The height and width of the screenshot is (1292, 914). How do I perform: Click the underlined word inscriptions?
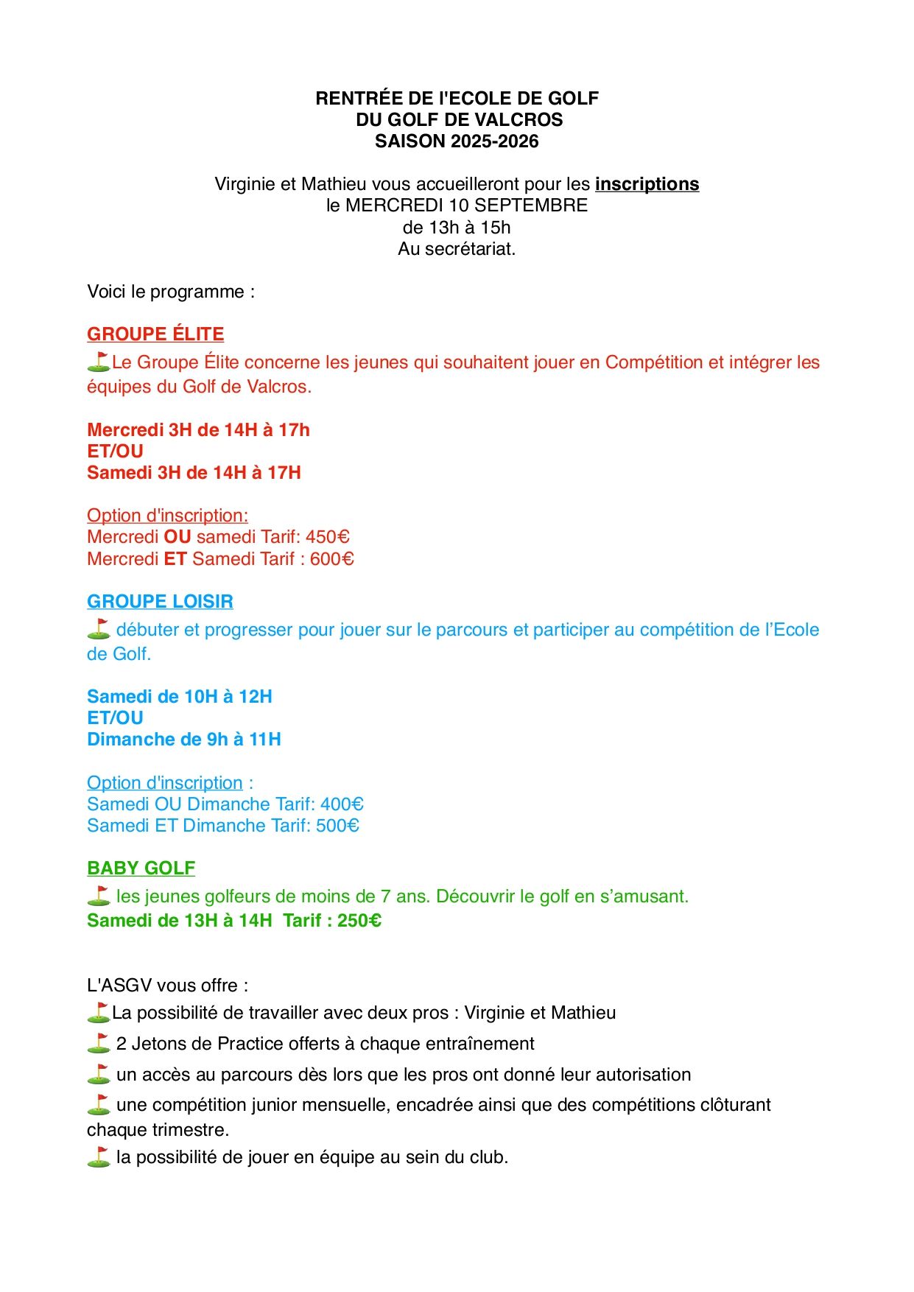point(647,184)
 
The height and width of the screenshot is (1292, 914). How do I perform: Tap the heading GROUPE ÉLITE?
point(155,334)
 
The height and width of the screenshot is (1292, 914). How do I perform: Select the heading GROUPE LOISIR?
point(160,602)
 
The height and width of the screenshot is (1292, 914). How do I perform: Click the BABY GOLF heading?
point(141,868)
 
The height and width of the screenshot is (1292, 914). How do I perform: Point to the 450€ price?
point(328,537)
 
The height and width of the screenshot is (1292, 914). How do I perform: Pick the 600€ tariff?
point(332,559)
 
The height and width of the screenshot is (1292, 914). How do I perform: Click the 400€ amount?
point(342,804)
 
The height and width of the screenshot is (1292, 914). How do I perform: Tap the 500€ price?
point(337,826)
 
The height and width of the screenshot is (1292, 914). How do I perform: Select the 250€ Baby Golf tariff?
point(359,921)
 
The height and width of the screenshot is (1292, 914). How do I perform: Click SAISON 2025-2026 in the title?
point(457,141)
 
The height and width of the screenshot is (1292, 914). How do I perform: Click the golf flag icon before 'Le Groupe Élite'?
point(98,362)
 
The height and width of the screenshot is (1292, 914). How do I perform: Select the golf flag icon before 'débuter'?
point(98,629)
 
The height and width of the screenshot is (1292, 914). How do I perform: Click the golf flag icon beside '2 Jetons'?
point(98,1043)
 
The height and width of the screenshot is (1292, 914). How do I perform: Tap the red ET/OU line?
point(115,452)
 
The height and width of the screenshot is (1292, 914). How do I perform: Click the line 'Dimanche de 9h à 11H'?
point(184,740)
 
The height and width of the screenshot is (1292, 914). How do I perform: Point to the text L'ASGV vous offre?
point(167,986)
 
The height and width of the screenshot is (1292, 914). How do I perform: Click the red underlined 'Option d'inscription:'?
point(167,516)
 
